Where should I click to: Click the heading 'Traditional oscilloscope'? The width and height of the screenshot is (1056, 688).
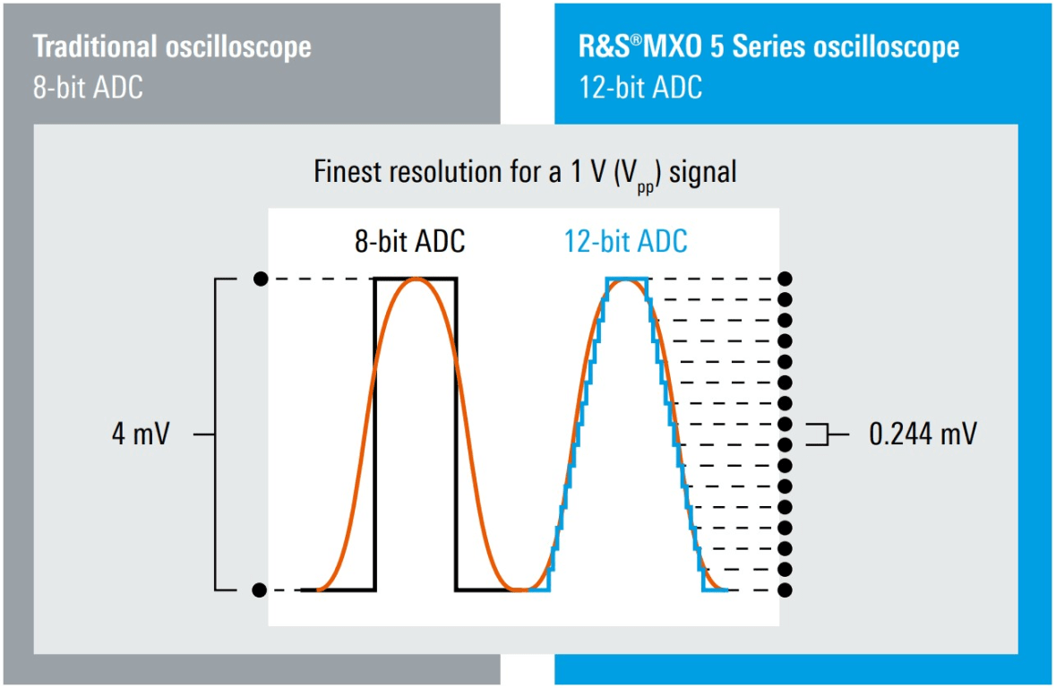point(172,47)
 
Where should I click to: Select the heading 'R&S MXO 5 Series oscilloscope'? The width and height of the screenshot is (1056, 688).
point(768,47)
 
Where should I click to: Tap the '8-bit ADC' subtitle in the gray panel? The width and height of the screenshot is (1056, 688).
point(88,89)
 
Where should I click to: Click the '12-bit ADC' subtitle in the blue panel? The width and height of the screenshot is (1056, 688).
point(640,88)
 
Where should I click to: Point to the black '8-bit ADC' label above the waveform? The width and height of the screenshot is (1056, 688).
point(410,242)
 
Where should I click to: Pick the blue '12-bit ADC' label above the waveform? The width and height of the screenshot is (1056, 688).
point(625,242)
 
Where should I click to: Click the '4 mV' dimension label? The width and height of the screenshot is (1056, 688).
point(140,435)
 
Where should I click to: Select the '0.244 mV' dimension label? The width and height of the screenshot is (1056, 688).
point(923,435)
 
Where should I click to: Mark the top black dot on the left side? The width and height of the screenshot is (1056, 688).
point(260,279)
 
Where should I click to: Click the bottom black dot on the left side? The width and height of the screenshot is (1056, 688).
point(260,589)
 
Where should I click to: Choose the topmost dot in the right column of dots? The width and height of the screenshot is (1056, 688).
point(786,279)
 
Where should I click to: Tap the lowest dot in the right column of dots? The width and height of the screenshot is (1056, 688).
point(786,589)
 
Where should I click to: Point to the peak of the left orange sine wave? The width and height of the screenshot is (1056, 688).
point(416,279)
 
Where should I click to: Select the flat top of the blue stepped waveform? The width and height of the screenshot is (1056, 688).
point(626,279)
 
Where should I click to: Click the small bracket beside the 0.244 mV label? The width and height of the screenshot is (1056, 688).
point(817,434)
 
